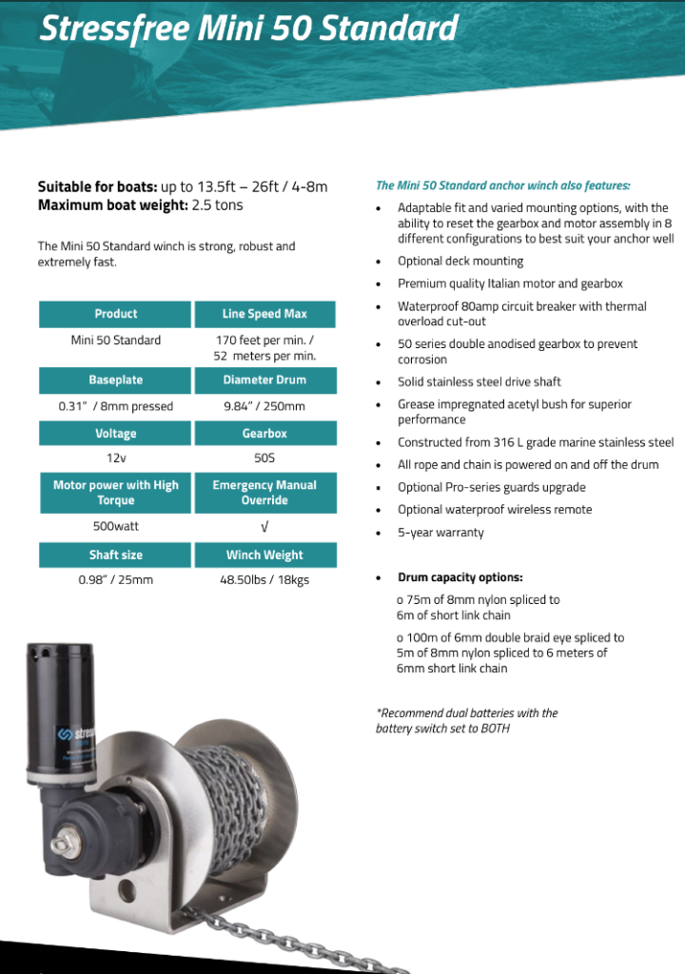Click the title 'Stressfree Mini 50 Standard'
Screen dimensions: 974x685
247,29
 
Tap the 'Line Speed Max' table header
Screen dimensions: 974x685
264,314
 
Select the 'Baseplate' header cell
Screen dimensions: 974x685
116,380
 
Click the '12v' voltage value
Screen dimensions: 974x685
116,458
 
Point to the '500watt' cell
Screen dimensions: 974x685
116,525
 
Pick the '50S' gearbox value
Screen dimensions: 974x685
264,458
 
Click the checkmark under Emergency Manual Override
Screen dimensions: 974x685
264,526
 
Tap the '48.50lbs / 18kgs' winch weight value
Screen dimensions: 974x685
264,579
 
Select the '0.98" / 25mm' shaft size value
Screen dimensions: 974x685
116,579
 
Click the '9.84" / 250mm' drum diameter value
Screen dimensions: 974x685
264,406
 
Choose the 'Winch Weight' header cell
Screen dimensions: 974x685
264,555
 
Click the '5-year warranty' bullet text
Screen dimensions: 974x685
440,533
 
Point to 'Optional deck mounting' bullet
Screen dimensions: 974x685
460,262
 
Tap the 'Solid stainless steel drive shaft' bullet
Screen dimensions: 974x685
479,382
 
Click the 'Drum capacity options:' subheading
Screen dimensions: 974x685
460,577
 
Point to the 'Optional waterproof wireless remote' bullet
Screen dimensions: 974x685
495,510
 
